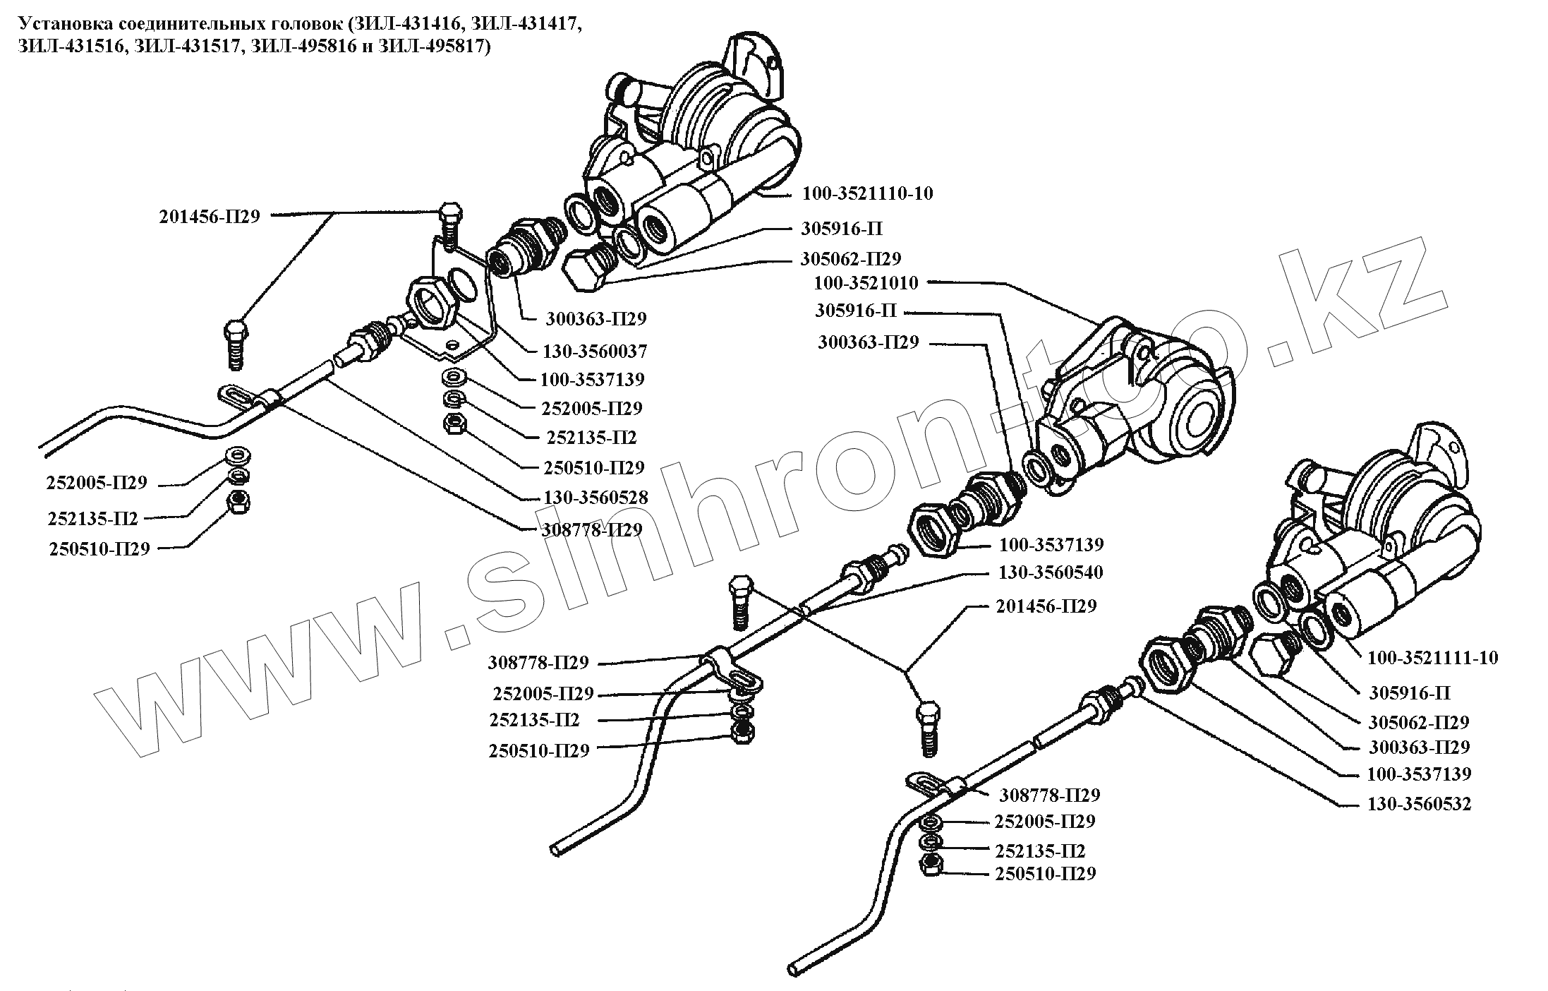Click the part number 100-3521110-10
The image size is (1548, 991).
(866, 193)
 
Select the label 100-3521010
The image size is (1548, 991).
(866, 283)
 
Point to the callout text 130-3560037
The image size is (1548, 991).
(594, 351)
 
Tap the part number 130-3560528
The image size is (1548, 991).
(595, 497)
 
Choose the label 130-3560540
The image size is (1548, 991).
(1050, 572)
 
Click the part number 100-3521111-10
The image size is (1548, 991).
(1432, 658)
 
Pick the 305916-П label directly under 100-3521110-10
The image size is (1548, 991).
(841, 229)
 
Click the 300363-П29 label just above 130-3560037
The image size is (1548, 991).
(595, 319)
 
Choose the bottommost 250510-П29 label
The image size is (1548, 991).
(1045, 874)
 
